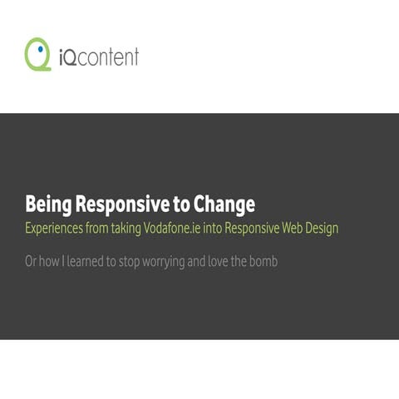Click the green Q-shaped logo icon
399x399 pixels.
coord(38,55)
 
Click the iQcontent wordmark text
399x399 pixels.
coord(100,57)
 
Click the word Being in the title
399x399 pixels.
coord(47,204)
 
